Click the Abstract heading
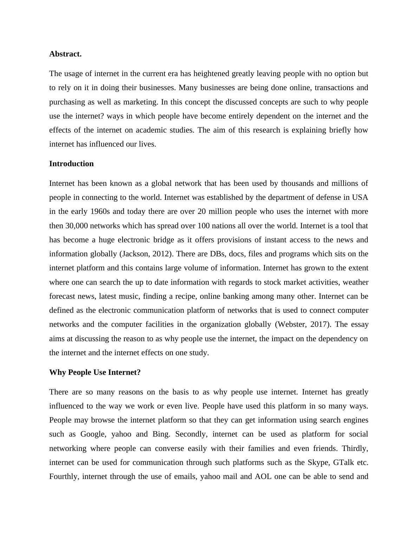pos(65,54)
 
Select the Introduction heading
pos(71,164)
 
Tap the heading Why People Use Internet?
pos(95,372)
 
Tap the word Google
pos(93,434)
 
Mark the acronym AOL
pos(263,477)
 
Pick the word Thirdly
pos(355,448)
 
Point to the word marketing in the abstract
pos(140,102)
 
